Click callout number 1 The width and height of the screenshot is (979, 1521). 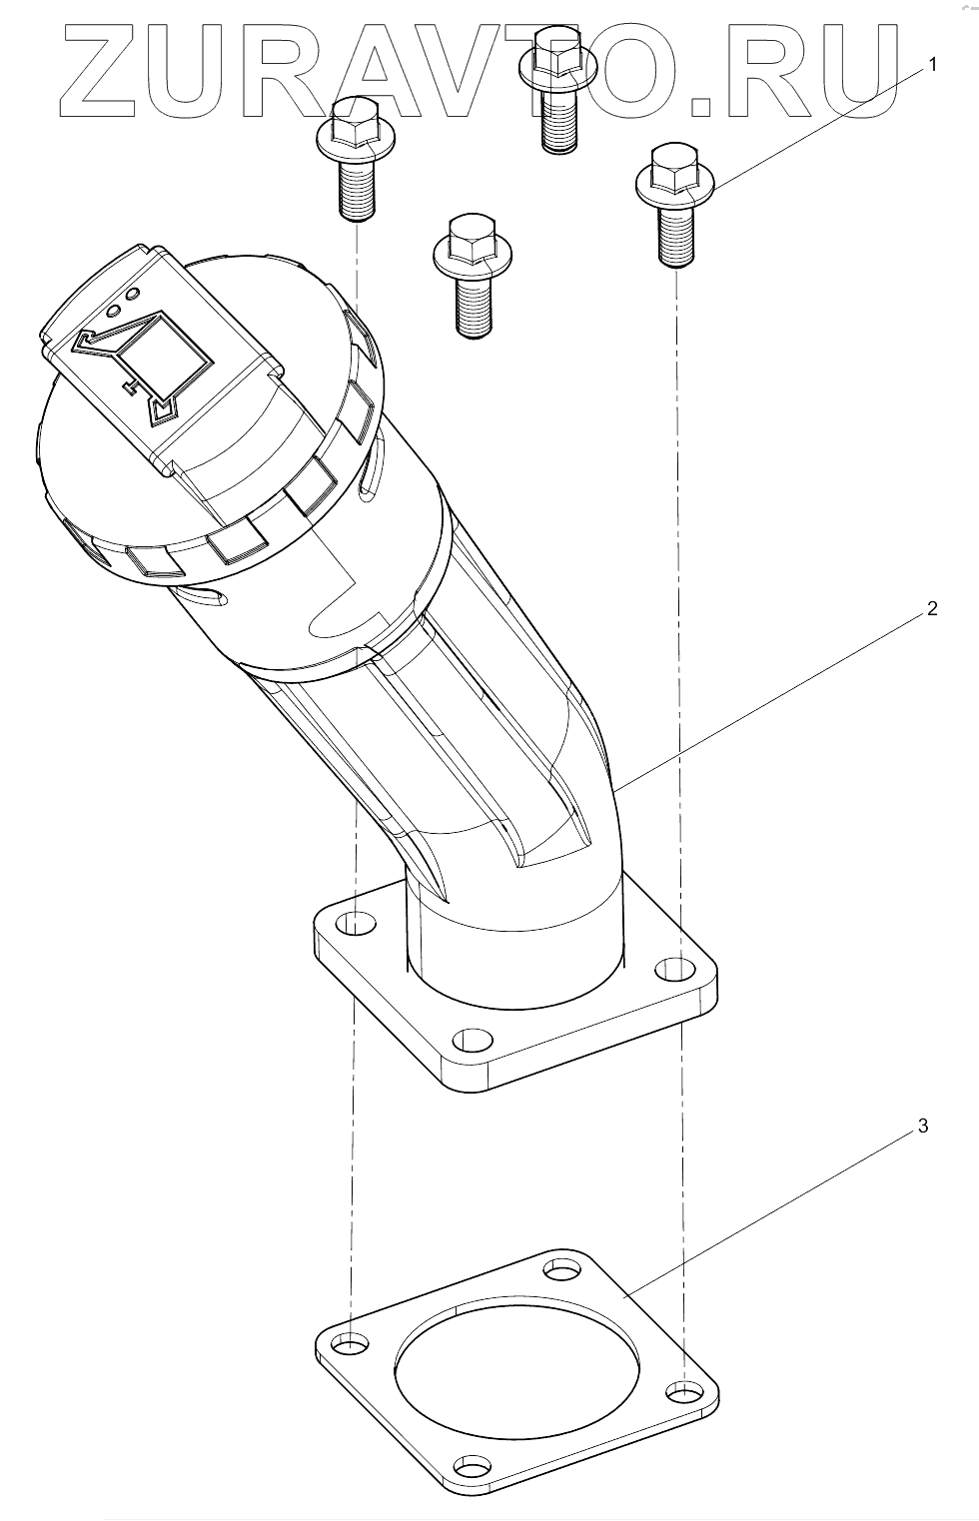pyautogui.click(x=932, y=65)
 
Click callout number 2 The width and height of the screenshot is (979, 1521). pyautogui.click(x=931, y=608)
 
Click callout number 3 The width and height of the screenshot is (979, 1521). pyautogui.click(x=923, y=1126)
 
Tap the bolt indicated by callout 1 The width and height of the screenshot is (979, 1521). pyautogui.click(x=674, y=205)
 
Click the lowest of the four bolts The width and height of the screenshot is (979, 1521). pyautogui.click(x=473, y=275)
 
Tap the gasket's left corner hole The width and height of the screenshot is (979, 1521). pyautogui.click(x=352, y=1343)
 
